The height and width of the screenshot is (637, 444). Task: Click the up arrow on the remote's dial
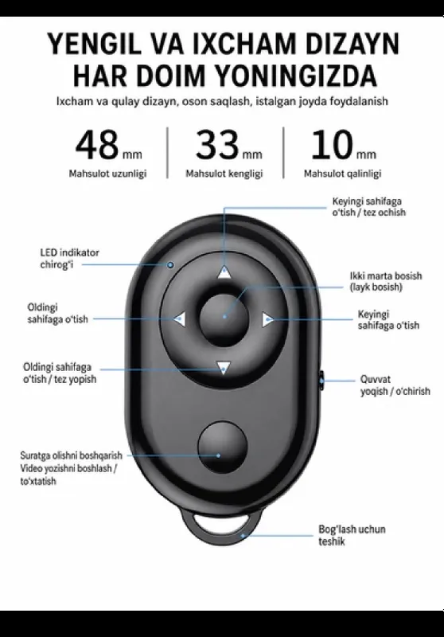click(224, 272)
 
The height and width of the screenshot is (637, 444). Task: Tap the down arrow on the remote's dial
click(224, 368)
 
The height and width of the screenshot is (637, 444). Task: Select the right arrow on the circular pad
click(268, 320)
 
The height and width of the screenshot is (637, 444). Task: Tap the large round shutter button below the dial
click(223, 447)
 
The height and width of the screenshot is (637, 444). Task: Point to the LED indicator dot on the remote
click(170, 265)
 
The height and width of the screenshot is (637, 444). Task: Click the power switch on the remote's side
click(321, 381)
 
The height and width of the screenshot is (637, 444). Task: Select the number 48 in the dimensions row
click(97, 145)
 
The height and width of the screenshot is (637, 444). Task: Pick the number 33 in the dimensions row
click(217, 145)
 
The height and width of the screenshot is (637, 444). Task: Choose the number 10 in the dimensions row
click(332, 145)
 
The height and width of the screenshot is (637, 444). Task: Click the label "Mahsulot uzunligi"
click(107, 174)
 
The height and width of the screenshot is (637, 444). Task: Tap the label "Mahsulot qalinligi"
click(342, 174)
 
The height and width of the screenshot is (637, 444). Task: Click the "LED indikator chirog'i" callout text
click(69, 258)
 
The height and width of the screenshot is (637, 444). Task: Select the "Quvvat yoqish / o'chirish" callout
click(395, 385)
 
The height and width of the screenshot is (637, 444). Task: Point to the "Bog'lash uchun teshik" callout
click(352, 535)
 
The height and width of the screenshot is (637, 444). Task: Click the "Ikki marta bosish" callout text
click(386, 276)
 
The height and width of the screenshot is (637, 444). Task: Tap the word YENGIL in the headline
click(95, 45)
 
